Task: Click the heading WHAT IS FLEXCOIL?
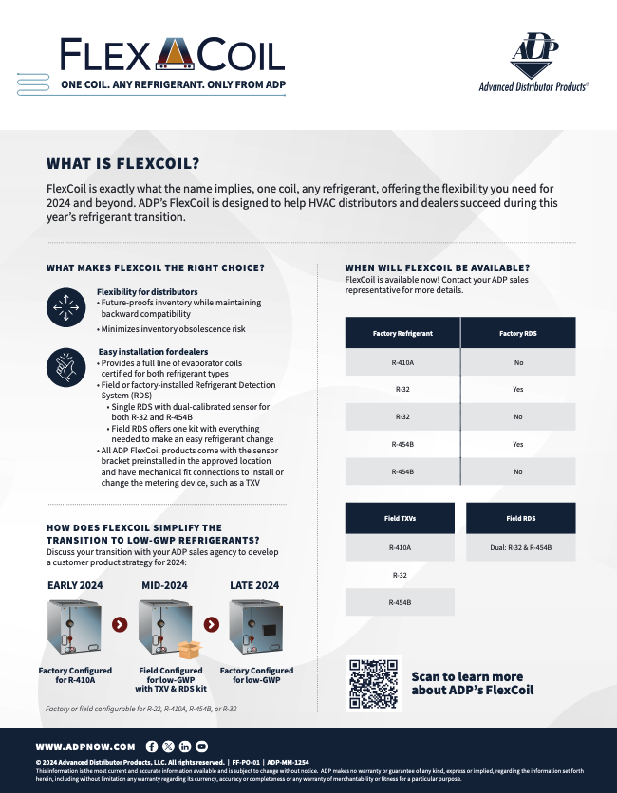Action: [123, 163]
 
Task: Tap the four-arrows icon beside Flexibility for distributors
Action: [65, 305]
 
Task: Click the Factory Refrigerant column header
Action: [402, 333]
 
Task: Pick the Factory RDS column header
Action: [518, 333]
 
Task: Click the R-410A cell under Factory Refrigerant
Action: [402, 362]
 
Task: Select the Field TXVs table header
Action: [400, 519]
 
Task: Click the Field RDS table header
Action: [520, 519]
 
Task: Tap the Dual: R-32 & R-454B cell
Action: [520, 547]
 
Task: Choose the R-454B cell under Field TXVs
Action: [400, 602]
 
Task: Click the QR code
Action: [374, 683]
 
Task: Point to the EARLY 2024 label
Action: [76, 585]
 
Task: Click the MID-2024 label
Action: [165, 585]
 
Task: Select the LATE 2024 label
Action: [254, 585]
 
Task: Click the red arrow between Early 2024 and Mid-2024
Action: [119, 624]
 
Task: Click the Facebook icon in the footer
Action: [152, 747]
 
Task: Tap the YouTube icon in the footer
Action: [201, 747]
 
